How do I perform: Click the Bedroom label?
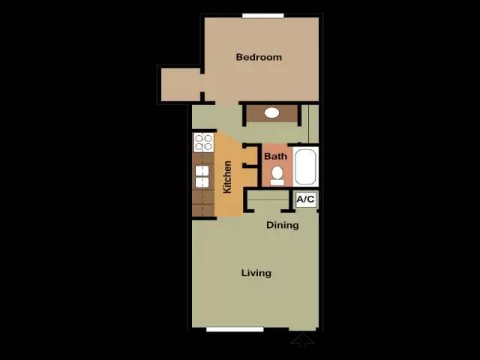pyautogui.click(x=259, y=57)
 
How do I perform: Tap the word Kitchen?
pyautogui.click(x=227, y=177)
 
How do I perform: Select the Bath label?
pyautogui.click(x=275, y=157)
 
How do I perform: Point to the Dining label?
pyautogui.click(x=282, y=225)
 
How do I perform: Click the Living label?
pyautogui.click(x=256, y=273)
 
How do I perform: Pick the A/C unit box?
pyautogui.click(x=306, y=199)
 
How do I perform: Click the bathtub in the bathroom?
pyautogui.click(x=305, y=166)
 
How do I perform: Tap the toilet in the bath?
pyautogui.click(x=277, y=176)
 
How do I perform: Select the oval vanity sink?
pyautogui.click(x=271, y=112)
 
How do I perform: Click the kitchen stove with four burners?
pyautogui.click(x=203, y=142)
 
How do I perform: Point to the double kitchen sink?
pyautogui.click(x=202, y=176)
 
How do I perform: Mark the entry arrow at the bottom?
pyautogui.click(x=302, y=340)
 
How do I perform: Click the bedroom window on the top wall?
pyautogui.click(x=263, y=16)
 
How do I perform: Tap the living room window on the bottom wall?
pyautogui.click(x=235, y=329)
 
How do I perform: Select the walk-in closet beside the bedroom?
pyautogui.click(x=181, y=85)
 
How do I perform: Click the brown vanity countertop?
pyautogui.click(x=272, y=113)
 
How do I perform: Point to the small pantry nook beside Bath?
pyautogui.click(x=250, y=156)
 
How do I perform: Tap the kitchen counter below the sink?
pyautogui.click(x=202, y=202)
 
